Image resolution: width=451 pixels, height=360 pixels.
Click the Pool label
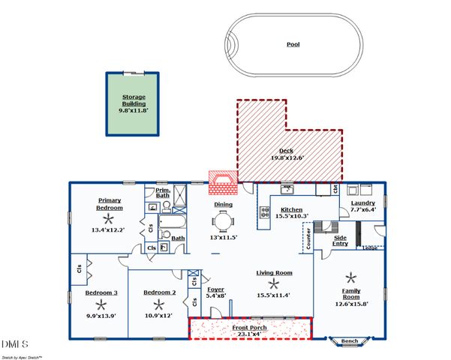click(293, 44)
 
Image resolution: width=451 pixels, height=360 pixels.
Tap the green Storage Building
click(133, 103)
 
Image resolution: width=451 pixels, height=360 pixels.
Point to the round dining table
click(222, 220)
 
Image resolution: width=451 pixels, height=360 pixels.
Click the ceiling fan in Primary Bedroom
click(109, 218)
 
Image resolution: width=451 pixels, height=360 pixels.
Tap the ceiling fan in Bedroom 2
click(158, 304)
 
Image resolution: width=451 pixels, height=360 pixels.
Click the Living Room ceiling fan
click(274, 283)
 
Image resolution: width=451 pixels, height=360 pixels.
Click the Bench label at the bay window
click(350, 341)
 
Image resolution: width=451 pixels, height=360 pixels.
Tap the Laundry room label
click(362, 202)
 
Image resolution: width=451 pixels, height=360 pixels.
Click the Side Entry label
click(341, 240)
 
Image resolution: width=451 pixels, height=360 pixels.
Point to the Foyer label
click(215, 289)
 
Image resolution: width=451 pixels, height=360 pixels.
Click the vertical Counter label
click(308, 238)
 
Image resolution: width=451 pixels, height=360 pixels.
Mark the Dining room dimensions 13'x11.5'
click(223, 238)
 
